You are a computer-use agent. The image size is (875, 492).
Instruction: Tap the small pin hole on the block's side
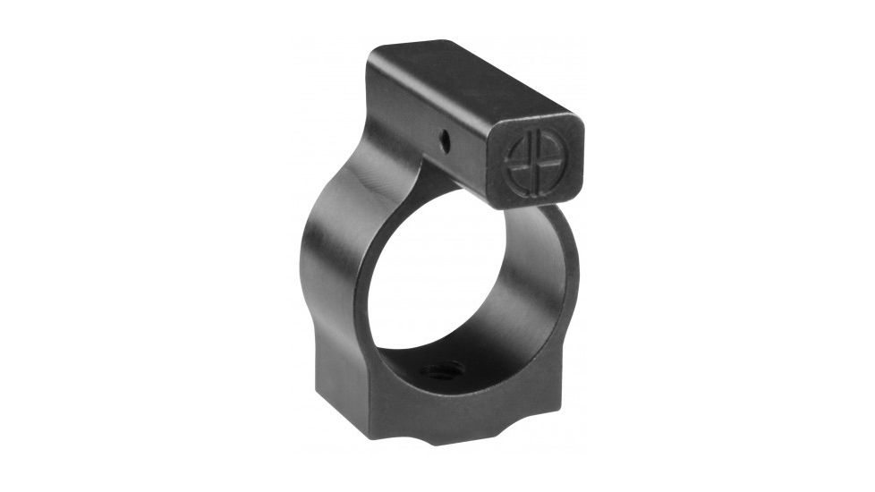coord(444,138)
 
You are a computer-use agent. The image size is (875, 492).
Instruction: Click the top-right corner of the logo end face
coord(577,125)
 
